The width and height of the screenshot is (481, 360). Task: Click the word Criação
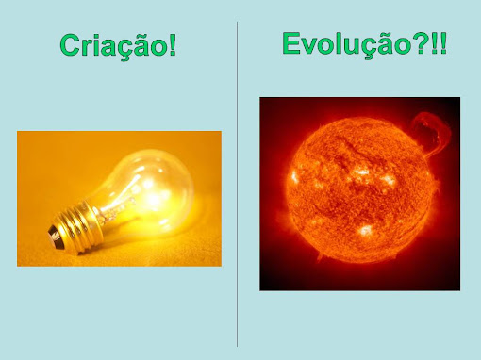(114, 46)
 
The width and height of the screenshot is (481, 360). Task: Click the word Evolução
(347, 45)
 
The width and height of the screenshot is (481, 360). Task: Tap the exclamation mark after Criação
(173, 45)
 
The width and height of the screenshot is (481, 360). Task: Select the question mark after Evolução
(422, 44)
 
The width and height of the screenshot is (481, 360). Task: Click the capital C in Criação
(70, 45)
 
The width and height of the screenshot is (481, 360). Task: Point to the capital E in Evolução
(291, 43)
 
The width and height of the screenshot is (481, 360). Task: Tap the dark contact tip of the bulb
(54, 236)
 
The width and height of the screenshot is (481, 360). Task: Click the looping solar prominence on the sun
(433, 132)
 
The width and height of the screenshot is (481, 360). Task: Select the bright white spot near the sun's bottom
(365, 230)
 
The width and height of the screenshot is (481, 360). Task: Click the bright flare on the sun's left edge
(294, 178)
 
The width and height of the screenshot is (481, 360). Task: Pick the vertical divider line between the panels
(237, 184)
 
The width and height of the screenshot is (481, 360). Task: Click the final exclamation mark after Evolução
(443, 43)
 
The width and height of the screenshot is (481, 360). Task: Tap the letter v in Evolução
(310, 46)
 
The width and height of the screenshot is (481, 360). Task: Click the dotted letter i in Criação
(96, 45)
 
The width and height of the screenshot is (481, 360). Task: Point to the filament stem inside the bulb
(121, 201)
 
